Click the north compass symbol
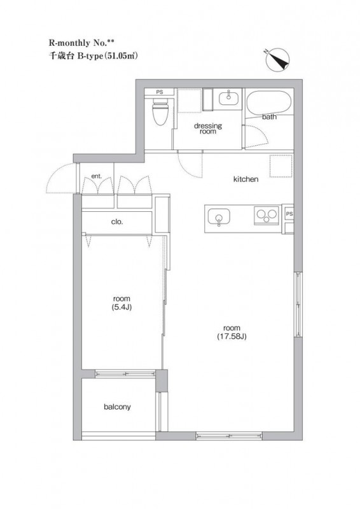click(x=277, y=60)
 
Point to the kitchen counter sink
click(x=219, y=216)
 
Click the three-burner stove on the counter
click(x=267, y=215)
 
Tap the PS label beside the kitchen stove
click(x=289, y=214)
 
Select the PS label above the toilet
click(x=160, y=92)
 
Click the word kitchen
click(x=246, y=179)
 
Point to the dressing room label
click(x=208, y=129)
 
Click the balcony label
click(x=117, y=407)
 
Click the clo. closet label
click(x=117, y=222)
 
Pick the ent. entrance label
click(x=97, y=176)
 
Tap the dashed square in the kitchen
click(x=281, y=166)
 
